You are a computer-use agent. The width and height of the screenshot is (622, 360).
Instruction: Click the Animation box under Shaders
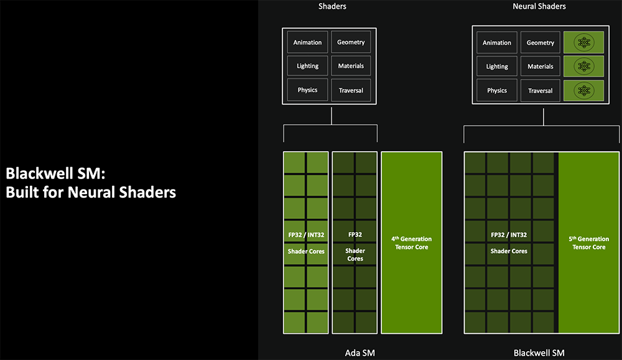pyautogui.click(x=307, y=42)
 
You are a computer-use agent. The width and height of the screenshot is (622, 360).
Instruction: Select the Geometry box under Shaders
pyautogui.click(x=351, y=42)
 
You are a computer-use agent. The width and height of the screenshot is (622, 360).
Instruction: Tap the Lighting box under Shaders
pyautogui.click(x=307, y=66)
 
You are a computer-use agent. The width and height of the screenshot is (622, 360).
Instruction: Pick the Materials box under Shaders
pyautogui.click(x=351, y=66)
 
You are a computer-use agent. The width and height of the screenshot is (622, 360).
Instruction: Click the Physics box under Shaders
pyautogui.click(x=307, y=90)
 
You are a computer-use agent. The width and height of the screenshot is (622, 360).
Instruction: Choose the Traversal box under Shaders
pyautogui.click(x=351, y=90)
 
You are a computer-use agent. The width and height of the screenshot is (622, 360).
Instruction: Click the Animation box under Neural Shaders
pyautogui.click(x=497, y=43)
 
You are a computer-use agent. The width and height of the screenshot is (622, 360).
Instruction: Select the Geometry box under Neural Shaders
pyautogui.click(x=541, y=43)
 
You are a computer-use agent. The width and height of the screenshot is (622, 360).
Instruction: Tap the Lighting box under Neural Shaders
pyautogui.click(x=497, y=67)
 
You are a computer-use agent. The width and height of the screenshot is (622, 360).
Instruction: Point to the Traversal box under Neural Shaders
pyautogui.click(x=541, y=91)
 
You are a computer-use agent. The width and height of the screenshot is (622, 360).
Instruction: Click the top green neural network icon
pyautogui.click(x=583, y=43)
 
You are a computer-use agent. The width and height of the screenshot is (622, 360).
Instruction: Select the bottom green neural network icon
pyautogui.click(x=583, y=91)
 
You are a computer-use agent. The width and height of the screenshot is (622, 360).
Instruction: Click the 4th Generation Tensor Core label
pyautogui.click(x=411, y=243)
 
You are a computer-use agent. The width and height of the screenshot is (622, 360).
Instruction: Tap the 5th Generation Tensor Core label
pyautogui.click(x=589, y=243)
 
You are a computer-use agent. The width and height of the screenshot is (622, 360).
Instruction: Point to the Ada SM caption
pyautogui.click(x=360, y=353)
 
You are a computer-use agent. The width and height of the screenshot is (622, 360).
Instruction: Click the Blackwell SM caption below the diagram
pyautogui.click(x=539, y=353)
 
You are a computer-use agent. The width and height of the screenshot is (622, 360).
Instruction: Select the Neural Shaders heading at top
pyautogui.click(x=539, y=6)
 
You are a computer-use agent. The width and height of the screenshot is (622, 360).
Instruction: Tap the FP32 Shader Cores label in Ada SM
pyautogui.click(x=355, y=247)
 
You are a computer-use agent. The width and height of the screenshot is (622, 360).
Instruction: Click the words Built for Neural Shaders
pyautogui.click(x=91, y=192)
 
